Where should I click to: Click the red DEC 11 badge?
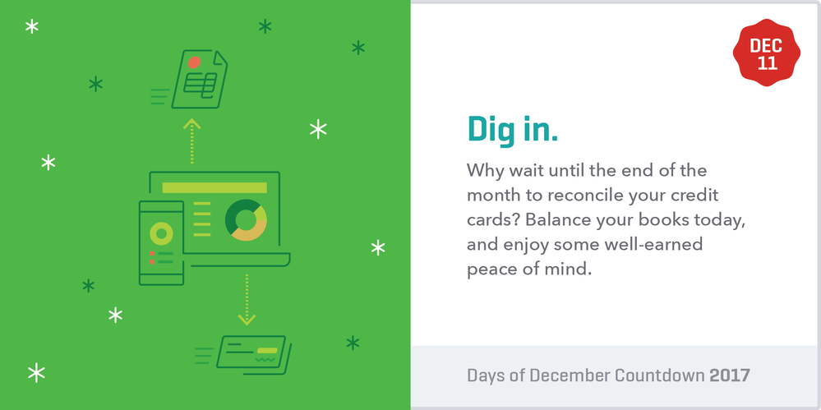[x=767, y=55]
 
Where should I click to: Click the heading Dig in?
[x=512, y=129]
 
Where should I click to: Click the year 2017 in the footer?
[x=730, y=375]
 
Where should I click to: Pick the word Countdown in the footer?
[x=656, y=375]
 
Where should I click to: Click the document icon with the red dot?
[x=200, y=80]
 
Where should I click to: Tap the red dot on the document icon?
[x=194, y=62]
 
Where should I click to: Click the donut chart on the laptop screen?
[x=247, y=220]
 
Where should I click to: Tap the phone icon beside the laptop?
[x=161, y=242]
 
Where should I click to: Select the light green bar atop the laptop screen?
[x=214, y=187]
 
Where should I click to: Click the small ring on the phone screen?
[x=161, y=234]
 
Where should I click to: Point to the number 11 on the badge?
[x=767, y=64]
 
